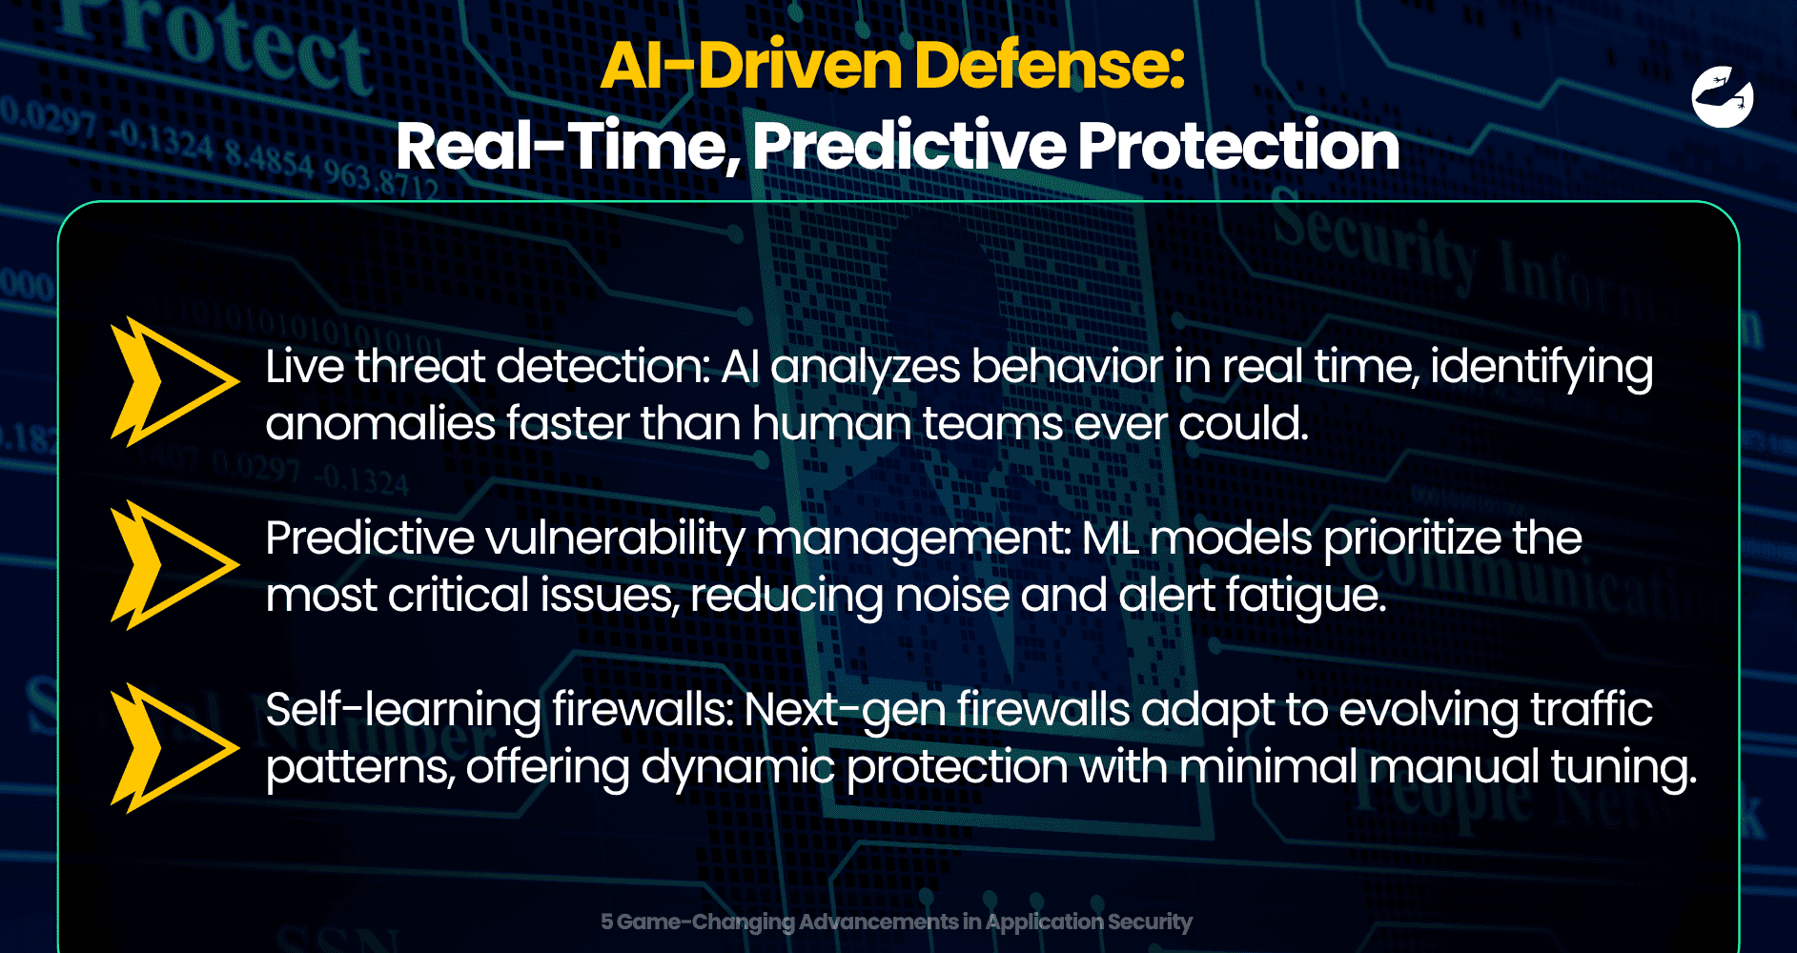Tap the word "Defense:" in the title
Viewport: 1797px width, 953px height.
1049,66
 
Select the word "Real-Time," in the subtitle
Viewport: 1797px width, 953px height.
568,147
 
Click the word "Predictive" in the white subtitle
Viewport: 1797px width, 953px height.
909,147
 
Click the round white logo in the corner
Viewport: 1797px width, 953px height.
1723,97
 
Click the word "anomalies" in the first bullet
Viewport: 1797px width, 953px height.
379,423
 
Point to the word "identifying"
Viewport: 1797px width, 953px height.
1542,368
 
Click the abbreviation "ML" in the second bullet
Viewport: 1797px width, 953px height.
1111,538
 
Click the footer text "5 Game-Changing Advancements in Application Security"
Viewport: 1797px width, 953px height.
896,922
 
